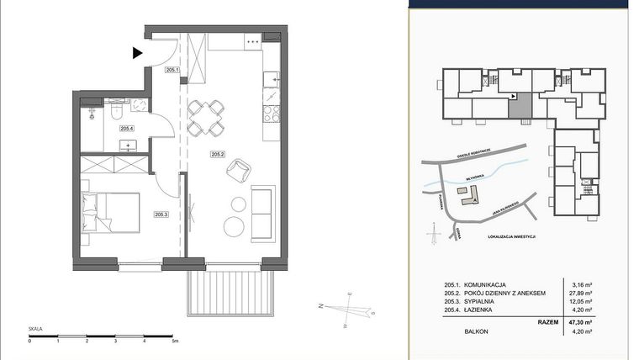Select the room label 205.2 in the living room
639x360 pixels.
[219, 154]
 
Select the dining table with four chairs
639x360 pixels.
[205, 118]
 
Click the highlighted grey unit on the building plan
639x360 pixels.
[522, 108]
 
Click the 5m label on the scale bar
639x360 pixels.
[174, 341]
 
